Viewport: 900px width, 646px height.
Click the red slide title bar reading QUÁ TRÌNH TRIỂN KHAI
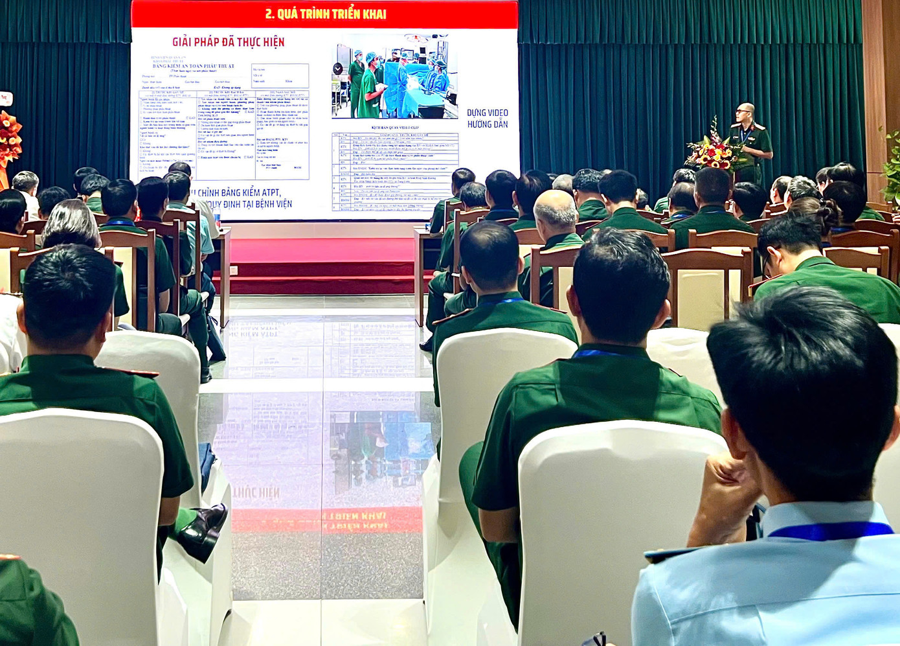(x=325, y=14)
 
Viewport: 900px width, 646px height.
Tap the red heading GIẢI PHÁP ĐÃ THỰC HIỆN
(x=228, y=42)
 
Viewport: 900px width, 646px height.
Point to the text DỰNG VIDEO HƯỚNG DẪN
(x=488, y=119)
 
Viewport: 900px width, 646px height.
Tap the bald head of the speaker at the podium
(x=746, y=111)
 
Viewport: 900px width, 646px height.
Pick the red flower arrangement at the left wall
(x=8, y=139)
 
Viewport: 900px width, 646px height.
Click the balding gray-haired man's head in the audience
(x=555, y=209)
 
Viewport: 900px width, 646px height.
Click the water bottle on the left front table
(x=218, y=224)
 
